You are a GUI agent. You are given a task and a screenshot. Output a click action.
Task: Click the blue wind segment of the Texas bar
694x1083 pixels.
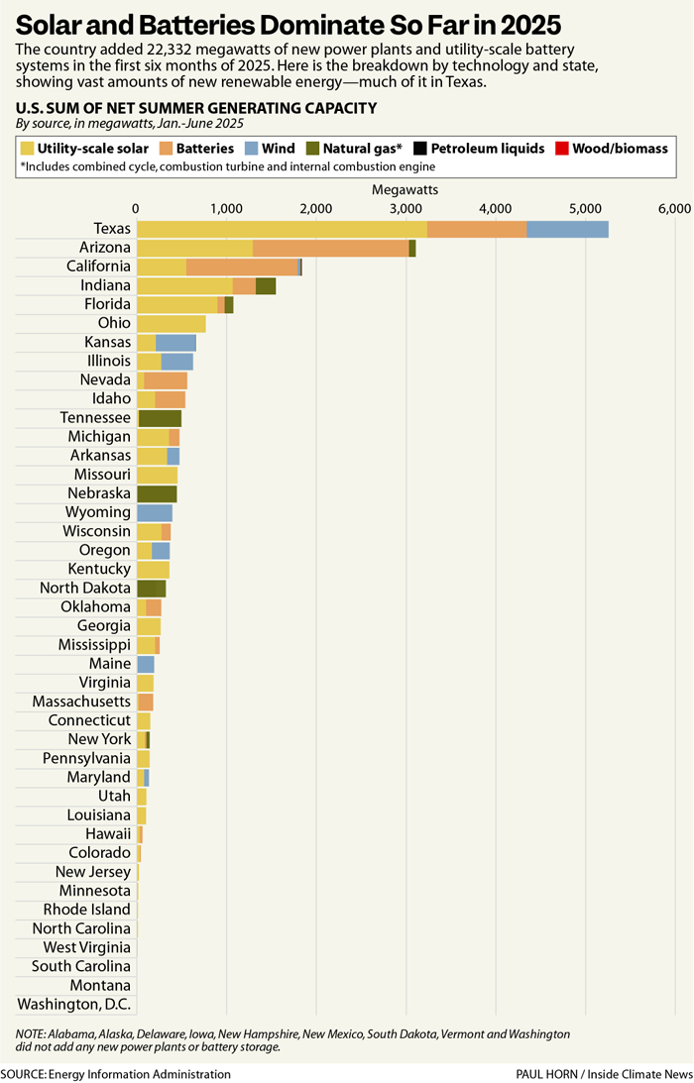pos(567,229)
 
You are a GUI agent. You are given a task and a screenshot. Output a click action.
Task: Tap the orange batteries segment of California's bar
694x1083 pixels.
pos(242,267)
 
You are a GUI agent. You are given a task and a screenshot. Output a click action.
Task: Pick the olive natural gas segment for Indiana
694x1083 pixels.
pos(266,285)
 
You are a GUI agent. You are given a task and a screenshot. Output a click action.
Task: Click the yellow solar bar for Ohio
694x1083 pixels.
pos(171,323)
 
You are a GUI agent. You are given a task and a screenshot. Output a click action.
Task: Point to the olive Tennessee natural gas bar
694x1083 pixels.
pos(160,418)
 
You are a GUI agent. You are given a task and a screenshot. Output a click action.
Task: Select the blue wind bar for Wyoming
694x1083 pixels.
pos(155,512)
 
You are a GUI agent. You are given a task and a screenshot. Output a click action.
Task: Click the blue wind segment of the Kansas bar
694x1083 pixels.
pos(175,342)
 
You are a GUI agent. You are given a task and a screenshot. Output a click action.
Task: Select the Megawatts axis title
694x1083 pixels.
pos(405,188)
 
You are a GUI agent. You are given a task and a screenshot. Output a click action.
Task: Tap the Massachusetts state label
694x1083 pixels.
pos(81,702)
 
